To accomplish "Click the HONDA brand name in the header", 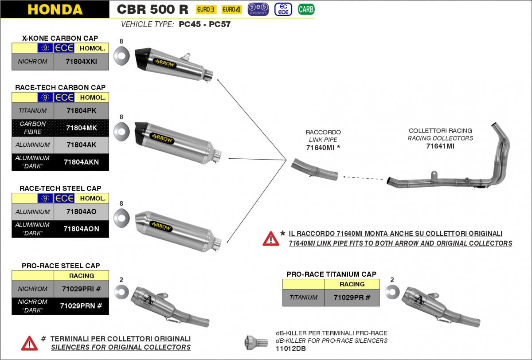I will [x=55, y=9].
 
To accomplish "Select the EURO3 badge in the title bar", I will [x=206, y=9].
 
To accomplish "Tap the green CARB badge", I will [x=306, y=9].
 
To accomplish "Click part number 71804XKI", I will [x=81, y=62].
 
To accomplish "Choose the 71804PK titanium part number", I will [x=81, y=110].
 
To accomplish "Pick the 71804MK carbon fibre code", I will [x=81, y=128].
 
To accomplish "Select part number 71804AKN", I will [x=81, y=162].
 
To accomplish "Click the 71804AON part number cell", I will [x=81, y=229].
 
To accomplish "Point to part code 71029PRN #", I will [x=81, y=306].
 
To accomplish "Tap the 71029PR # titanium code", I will [x=352, y=297].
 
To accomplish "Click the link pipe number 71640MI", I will [x=321, y=147].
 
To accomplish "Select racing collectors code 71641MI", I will [x=440, y=146].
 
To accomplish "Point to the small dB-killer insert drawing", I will [x=256, y=342].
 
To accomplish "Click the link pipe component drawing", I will [x=315, y=171].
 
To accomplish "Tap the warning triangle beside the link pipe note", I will [x=271, y=239].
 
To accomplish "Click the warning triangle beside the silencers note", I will [x=30, y=343].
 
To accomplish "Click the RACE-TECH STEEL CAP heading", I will [x=60, y=188].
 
